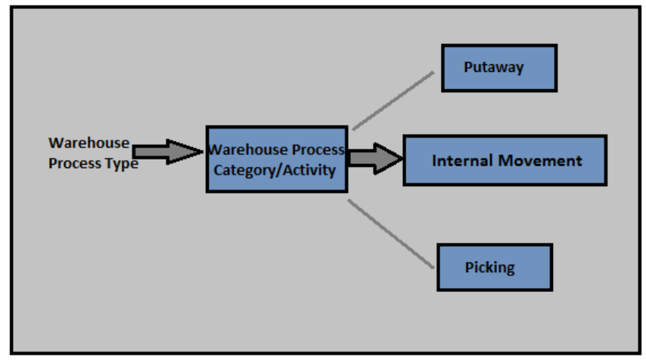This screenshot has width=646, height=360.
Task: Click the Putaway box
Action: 499,68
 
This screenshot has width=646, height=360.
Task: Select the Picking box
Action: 495,267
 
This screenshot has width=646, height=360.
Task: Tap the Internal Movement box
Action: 505,160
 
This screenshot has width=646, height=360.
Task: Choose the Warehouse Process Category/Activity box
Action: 276,159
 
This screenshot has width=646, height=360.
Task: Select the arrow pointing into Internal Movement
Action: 375,158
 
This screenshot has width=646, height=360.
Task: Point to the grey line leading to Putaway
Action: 393,101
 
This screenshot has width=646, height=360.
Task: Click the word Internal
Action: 462,160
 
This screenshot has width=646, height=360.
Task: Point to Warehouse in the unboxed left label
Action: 89,143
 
